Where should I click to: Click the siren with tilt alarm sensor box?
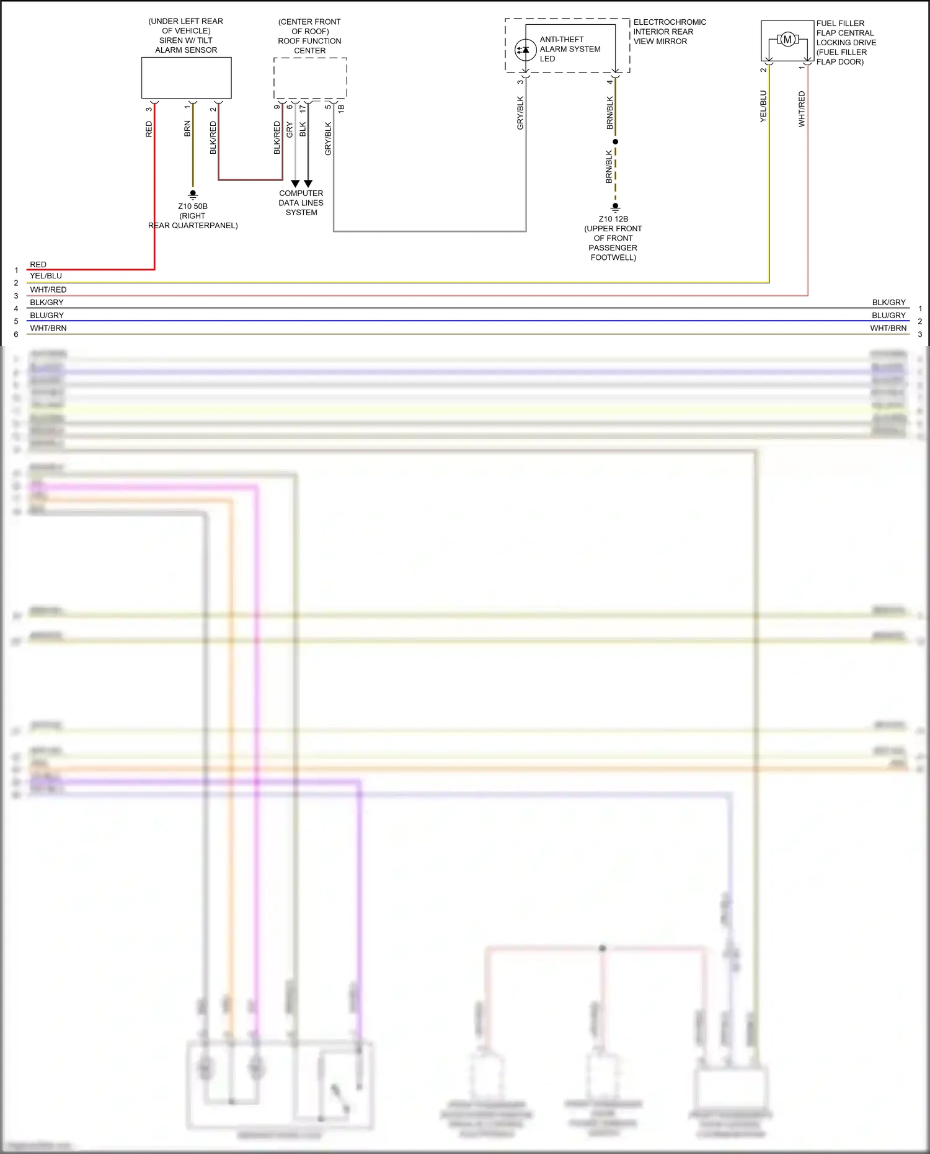pos(186,78)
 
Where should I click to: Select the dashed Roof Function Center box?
pos(310,78)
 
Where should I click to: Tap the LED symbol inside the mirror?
pos(526,49)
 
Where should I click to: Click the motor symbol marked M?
pos(787,40)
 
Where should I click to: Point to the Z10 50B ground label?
pos(193,206)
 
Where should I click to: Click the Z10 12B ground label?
pos(613,219)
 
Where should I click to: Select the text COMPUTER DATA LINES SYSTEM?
pos(301,203)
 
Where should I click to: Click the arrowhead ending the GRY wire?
pos(295,184)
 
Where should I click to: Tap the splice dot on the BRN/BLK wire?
pos(615,142)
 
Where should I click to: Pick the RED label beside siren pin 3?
pos(149,129)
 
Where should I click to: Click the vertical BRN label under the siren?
pos(187,129)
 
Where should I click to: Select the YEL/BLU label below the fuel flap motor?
pos(763,107)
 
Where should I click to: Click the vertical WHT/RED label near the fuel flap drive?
pos(802,109)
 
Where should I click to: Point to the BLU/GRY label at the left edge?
pos(47,315)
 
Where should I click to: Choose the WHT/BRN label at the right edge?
pos(888,328)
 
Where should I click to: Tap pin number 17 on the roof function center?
pos(303,108)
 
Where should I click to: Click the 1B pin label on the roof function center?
pos(341,108)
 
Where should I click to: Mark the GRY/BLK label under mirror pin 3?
pos(520,113)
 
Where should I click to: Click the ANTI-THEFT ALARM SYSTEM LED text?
pos(570,49)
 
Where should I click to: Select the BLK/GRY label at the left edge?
pos(47,303)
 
